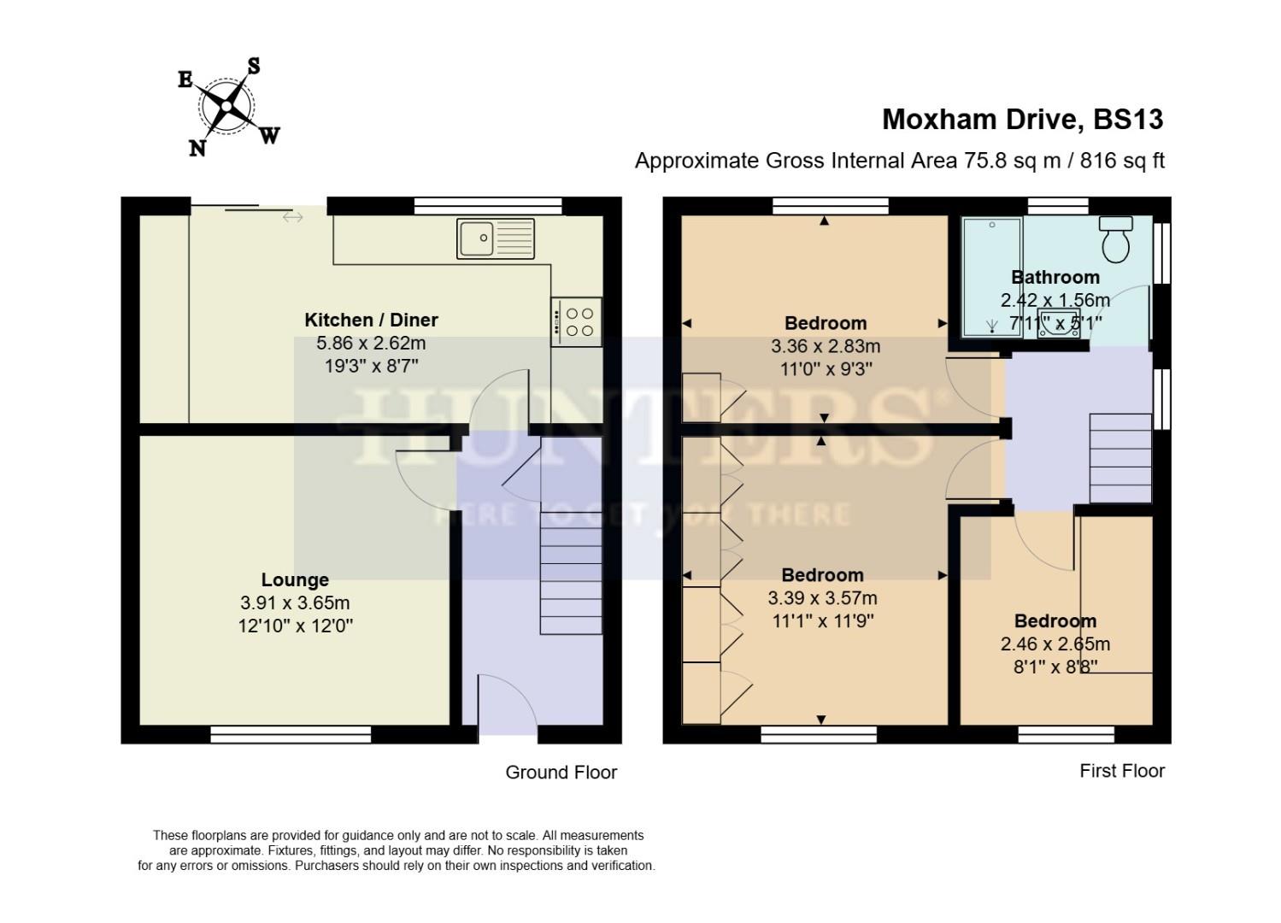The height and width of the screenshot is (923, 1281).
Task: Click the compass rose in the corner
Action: [x=227, y=107]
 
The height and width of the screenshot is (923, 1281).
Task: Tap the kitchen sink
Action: [x=495, y=238]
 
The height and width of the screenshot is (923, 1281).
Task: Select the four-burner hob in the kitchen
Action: [x=577, y=321]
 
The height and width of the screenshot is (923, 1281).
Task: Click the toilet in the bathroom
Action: [x=1115, y=238]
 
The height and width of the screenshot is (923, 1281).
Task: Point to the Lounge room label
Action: [x=295, y=579]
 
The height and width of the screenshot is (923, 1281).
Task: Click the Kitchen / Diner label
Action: [x=371, y=320]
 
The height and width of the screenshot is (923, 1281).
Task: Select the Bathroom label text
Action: [x=1055, y=277]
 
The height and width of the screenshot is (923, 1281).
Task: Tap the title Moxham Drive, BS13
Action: [x=1022, y=119]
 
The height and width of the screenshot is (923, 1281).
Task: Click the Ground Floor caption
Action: [x=561, y=773]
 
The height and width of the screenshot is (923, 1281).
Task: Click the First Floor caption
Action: [x=1121, y=771]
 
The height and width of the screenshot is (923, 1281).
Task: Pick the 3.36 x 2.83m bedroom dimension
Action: [x=825, y=346]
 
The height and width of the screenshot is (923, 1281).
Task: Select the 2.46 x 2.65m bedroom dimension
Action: [x=1055, y=644]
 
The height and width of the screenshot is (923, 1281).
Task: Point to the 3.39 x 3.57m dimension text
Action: [x=822, y=598]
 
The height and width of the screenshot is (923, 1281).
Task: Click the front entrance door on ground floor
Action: [x=508, y=706]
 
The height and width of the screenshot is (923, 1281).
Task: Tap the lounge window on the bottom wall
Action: [x=291, y=734]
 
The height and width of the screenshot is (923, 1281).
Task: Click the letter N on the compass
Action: [x=197, y=149]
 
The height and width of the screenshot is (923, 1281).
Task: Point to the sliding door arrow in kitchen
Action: [x=292, y=218]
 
